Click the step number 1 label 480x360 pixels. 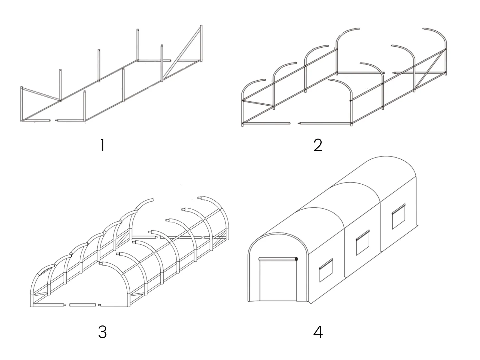click(102, 146)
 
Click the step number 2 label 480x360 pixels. click(318, 146)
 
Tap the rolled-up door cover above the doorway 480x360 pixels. click(278, 259)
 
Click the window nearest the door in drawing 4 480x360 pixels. click(326, 270)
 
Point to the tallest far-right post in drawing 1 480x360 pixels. click(201, 43)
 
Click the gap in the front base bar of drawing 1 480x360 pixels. click(53, 121)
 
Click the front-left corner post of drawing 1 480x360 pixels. click(22, 104)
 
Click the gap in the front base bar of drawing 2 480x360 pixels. click(295, 123)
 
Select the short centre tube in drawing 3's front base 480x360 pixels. click(83, 305)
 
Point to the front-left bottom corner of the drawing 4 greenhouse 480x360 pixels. click(249, 301)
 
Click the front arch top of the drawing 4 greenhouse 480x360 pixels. click(278, 233)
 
